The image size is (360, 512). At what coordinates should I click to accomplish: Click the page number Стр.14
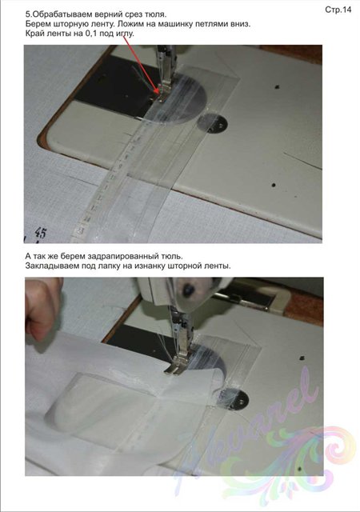(x=338, y=10)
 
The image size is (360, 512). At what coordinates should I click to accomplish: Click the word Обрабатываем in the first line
(x=61, y=14)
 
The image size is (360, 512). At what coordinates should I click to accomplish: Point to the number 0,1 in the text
(x=90, y=34)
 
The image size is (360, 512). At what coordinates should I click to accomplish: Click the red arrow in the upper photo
(x=141, y=64)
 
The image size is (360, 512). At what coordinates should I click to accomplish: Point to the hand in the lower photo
(x=42, y=308)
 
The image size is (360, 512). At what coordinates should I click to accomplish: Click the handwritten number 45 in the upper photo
(x=41, y=233)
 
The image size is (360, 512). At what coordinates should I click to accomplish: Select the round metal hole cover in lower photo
(x=234, y=398)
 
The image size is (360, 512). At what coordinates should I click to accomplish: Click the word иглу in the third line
(x=125, y=34)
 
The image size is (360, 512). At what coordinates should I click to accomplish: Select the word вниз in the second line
(x=240, y=24)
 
